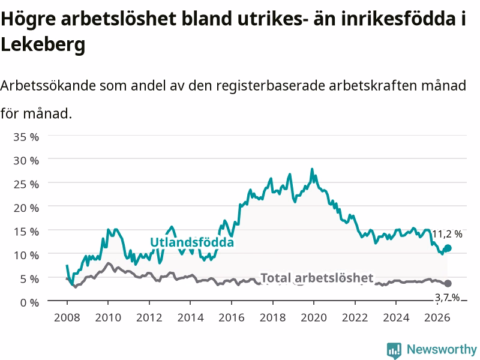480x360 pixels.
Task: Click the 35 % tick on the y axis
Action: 26,137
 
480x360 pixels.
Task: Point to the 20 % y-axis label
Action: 26,208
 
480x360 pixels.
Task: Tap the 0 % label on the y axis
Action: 29,303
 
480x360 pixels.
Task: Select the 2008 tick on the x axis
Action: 67,317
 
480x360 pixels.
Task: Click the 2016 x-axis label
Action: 232,317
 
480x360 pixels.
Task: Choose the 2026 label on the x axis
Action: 437,317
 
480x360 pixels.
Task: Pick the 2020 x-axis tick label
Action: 314,317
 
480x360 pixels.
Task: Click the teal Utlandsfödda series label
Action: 192,242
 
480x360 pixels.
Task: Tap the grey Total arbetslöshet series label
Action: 317,278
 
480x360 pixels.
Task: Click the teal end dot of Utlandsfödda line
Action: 448,248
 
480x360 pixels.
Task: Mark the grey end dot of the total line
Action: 448,283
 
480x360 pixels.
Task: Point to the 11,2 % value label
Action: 447,234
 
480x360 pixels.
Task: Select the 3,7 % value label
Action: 447,297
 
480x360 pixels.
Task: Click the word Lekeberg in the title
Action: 43,44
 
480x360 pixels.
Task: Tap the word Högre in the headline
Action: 28,19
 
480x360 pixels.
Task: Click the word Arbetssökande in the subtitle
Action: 48,85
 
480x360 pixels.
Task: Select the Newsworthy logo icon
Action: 394,350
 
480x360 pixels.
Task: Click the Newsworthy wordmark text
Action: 442,349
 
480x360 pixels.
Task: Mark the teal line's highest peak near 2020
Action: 312,169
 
